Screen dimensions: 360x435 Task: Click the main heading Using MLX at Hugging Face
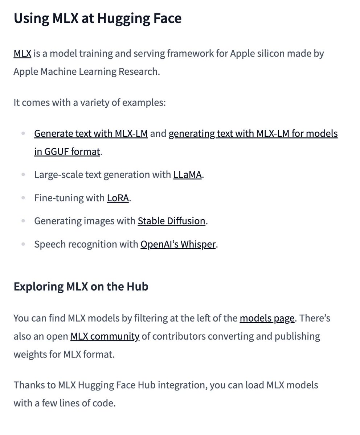click(x=98, y=19)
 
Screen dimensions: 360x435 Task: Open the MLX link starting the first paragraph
click(x=22, y=54)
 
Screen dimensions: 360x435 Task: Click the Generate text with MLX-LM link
click(x=91, y=133)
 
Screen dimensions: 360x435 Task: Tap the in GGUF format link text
click(x=67, y=152)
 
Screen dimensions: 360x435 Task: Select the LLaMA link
click(x=187, y=175)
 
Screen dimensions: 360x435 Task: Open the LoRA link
click(x=118, y=198)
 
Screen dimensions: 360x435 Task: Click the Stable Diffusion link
click(x=171, y=221)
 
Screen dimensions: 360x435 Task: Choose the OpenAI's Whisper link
click(x=178, y=244)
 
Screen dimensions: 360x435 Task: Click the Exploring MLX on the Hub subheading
click(x=81, y=287)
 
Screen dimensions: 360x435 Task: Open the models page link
click(x=267, y=319)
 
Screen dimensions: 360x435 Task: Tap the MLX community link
click(x=105, y=336)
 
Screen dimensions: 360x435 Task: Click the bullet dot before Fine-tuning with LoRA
click(x=23, y=198)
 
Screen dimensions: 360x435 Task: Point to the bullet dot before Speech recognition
click(x=23, y=244)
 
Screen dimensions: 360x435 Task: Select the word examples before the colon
click(x=143, y=103)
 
